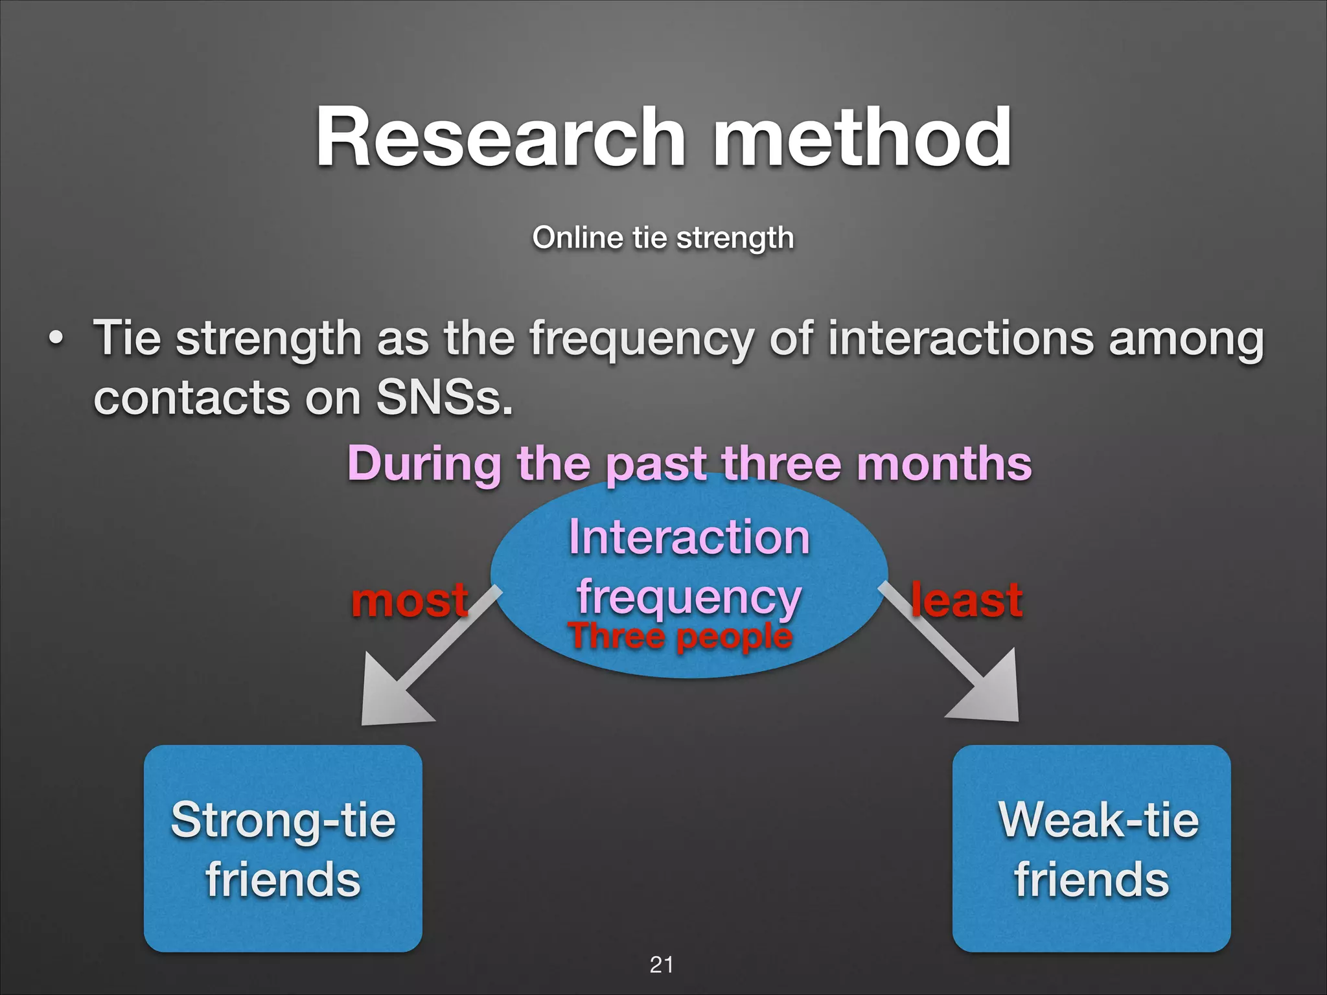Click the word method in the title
pyautogui.click(x=862, y=137)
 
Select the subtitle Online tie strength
pyautogui.click(x=663, y=238)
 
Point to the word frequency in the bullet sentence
pyautogui.click(x=641, y=339)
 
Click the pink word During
pyautogui.click(x=424, y=464)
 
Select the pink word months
pyautogui.click(x=944, y=464)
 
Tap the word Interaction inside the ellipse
pyautogui.click(x=689, y=538)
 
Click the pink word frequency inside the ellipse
pyautogui.click(x=689, y=597)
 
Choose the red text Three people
pyautogui.click(x=680, y=636)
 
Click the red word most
pyautogui.click(x=410, y=600)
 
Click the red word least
pyautogui.click(x=966, y=600)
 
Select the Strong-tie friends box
pyautogui.click(x=283, y=848)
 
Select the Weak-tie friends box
pyautogui.click(x=1091, y=848)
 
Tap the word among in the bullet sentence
pyautogui.click(x=1186, y=339)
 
